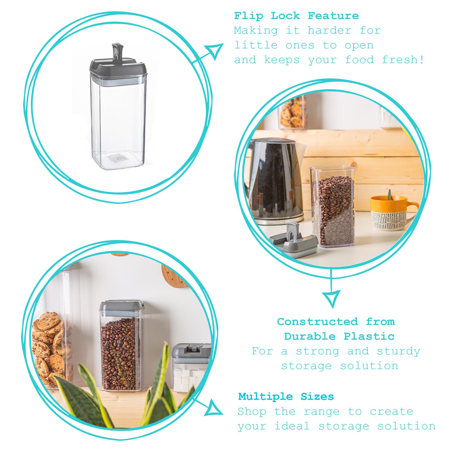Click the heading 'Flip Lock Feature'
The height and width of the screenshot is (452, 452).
(x=297, y=16)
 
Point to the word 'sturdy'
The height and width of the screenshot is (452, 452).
(x=399, y=351)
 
